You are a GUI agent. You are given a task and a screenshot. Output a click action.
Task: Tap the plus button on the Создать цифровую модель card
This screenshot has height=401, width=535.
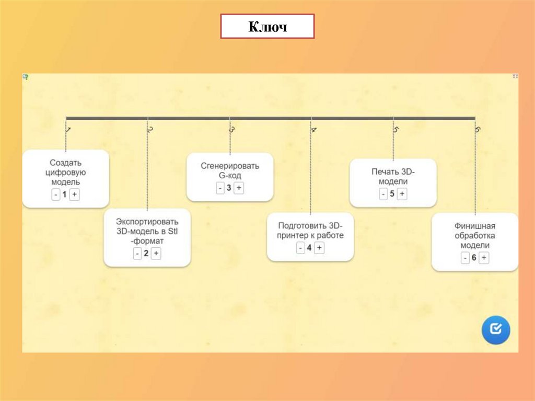click(75, 194)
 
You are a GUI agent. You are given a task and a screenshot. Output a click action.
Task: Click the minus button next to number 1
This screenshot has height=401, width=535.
click(55, 194)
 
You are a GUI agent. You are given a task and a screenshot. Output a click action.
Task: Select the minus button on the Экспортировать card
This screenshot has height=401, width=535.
click(137, 254)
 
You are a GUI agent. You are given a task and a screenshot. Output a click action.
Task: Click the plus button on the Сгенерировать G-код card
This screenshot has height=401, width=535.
click(239, 188)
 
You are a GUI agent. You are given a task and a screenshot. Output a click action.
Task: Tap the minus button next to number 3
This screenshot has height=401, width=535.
click(220, 188)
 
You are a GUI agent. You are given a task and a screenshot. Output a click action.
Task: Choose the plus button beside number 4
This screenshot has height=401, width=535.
click(319, 248)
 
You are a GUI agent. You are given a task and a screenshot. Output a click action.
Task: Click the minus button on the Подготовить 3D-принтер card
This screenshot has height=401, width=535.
click(300, 248)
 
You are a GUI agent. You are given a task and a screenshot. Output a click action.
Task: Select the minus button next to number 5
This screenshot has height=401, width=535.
click(383, 194)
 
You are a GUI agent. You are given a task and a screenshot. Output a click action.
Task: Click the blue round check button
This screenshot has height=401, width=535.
click(495, 329)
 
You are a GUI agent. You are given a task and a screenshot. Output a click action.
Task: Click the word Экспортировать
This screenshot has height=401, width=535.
click(147, 222)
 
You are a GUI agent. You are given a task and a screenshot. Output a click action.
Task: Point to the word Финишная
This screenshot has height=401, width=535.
click(475, 226)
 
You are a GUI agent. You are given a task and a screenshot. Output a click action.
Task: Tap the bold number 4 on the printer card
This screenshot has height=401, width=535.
click(309, 248)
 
